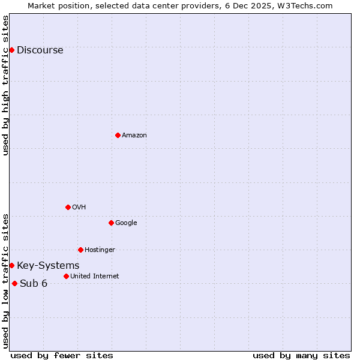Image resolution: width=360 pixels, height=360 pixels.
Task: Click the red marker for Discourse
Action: pos(11,50)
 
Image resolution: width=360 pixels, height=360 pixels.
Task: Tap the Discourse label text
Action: pos(40,50)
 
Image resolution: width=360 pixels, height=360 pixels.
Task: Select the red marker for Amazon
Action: pos(118,135)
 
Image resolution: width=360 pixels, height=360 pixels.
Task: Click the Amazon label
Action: pos(134,136)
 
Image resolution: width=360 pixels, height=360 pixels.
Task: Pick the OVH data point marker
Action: pos(68,207)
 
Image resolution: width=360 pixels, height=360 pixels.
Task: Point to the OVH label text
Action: pos(79,208)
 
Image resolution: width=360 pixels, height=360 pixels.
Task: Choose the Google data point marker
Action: pos(111,223)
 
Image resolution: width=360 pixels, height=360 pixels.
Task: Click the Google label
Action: pos(126,223)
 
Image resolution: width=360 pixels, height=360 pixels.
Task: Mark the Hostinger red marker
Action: pos(80,250)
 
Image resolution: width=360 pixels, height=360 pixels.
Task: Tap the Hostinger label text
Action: pos(100,250)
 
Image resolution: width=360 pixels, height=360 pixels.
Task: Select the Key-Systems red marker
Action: pos(11,265)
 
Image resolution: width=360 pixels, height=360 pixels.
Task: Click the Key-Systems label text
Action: pos(48,266)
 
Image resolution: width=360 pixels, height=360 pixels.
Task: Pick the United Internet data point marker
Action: pos(66,276)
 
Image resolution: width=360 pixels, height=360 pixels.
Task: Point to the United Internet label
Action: pos(94,277)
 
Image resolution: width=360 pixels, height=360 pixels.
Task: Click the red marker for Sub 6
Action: pos(14,283)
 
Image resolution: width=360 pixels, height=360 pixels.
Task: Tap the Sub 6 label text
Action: pos(34,284)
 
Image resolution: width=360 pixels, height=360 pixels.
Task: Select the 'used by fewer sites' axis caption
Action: pos(62,355)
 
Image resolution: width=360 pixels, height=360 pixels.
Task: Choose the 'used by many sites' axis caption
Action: pos(301,355)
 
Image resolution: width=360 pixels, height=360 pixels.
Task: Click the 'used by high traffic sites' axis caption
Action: pos(5,85)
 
